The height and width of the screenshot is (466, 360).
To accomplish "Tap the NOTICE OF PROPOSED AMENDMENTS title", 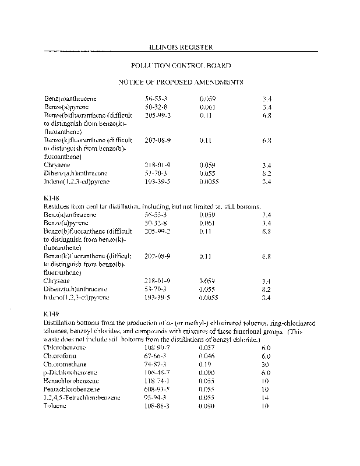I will point(181,82).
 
